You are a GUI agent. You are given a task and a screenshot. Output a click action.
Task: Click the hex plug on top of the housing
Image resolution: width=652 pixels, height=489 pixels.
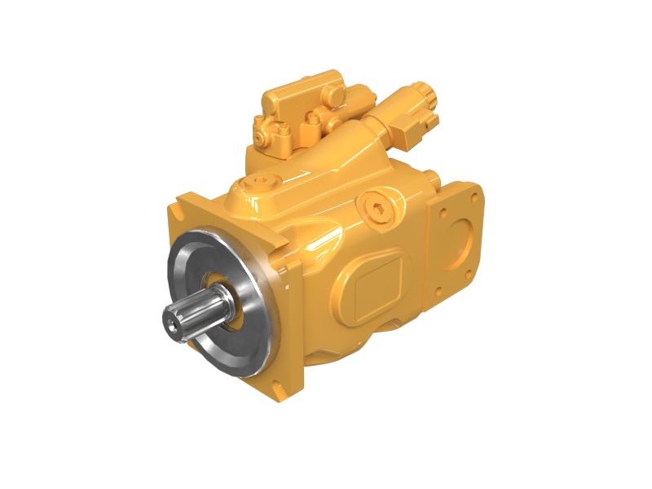click(260, 180)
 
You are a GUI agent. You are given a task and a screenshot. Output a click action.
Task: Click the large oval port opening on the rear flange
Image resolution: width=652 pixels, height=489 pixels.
click(465, 236)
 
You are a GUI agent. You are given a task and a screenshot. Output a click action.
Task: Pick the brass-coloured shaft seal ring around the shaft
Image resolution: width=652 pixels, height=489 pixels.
click(224, 293)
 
